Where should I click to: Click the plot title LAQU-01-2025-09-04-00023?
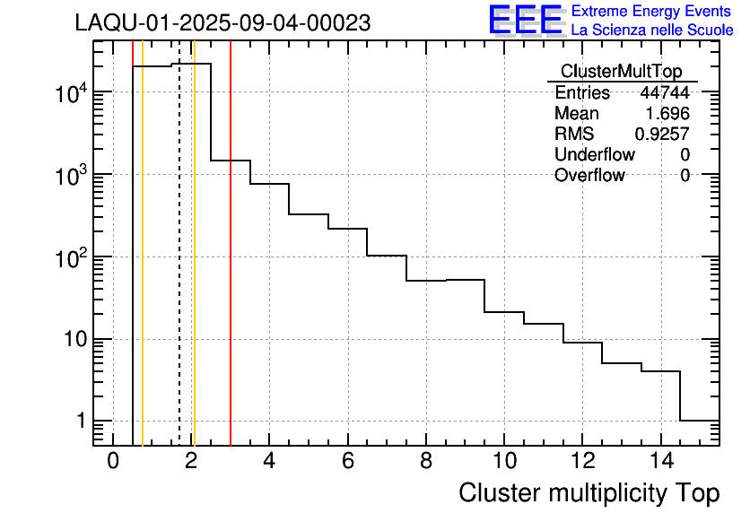[222, 23]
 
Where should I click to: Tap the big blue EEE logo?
[526, 20]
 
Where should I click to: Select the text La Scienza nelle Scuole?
[652, 30]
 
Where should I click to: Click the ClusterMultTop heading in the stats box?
[621, 72]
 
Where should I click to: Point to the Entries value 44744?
[665, 93]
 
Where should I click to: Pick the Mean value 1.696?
[667, 114]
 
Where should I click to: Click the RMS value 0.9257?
[662, 135]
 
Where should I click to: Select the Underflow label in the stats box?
[594, 155]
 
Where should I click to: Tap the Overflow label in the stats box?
[589, 176]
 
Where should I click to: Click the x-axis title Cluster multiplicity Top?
[589, 492]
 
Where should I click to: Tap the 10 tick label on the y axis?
[73, 340]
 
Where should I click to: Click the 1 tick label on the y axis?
[80, 422]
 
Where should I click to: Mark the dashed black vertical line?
[179, 269]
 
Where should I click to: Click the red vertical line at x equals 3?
[231, 269]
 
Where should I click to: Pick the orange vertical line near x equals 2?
[194, 269]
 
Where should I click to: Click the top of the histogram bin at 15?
[700, 420]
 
